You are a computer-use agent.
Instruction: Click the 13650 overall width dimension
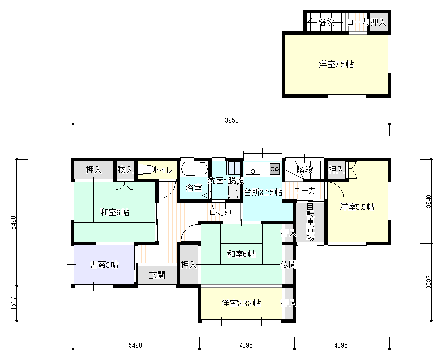230,120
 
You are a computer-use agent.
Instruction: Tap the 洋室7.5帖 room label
336,64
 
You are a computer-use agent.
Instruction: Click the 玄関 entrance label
157,275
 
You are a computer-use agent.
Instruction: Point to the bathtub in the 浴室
194,169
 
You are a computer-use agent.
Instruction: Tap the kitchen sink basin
253,169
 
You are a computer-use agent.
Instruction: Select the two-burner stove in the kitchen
275,169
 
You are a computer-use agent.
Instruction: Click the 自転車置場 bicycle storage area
310,222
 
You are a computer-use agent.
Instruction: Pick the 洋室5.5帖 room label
357,207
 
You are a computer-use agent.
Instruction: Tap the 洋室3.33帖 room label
241,303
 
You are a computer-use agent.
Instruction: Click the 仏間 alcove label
288,265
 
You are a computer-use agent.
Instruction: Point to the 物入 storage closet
126,170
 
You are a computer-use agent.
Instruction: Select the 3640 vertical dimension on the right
428,201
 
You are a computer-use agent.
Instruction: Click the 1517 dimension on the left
13,303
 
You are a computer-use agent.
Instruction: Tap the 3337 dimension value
428,282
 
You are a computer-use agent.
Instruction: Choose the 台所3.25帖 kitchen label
263,192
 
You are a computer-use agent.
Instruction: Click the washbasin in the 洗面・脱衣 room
233,191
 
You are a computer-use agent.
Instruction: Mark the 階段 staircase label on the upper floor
326,22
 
